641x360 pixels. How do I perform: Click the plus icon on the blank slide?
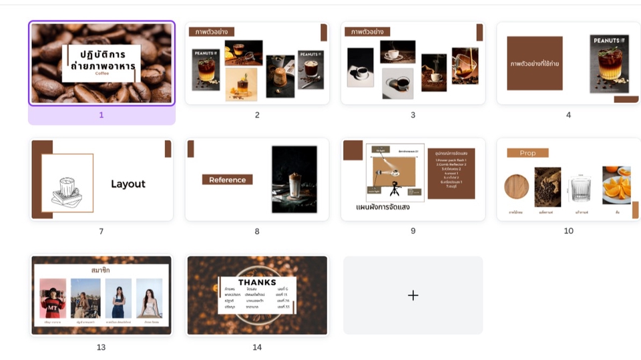pyautogui.click(x=413, y=295)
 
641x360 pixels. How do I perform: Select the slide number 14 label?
pyautogui.click(x=257, y=347)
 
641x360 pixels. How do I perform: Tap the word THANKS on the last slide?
pyautogui.click(x=257, y=283)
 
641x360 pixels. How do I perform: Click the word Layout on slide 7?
pyautogui.click(x=128, y=184)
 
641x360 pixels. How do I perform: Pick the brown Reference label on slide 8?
pyautogui.click(x=227, y=180)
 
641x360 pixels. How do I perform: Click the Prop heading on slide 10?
pyautogui.click(x=527, y=153)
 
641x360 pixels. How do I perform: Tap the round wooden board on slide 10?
pyautogui.click(x=516, y=186)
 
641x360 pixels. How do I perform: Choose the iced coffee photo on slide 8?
pyautogui.click(x=294, y=179)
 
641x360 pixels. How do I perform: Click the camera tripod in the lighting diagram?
pyautogui.click(x=395, y=189)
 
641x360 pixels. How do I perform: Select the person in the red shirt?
pyautogui.click(x=53, y=299)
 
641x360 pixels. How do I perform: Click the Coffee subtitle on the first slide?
pyautogui.click(x=101, y=73)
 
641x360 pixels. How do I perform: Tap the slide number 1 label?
pyautogui.click(x=101, y=115)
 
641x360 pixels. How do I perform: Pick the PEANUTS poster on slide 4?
pyautogui.click(x=610, y=63)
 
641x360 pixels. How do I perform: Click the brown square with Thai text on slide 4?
pyautogui.click(x=534, y=63)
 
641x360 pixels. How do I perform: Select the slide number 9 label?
pyautogui.click(x=413, y=231)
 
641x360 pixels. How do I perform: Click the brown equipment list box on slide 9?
pyautogui.click(x=451, y=174)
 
